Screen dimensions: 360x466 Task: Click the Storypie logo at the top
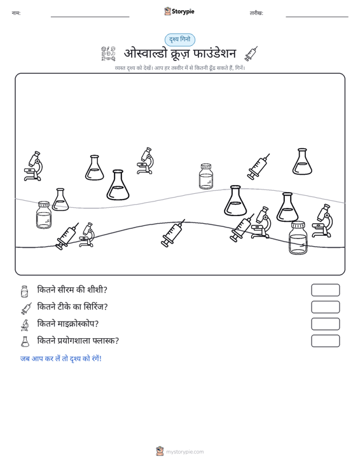[x=179, y=11]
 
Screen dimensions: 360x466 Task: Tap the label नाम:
[x=16, y=13]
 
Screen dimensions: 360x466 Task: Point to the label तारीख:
[x=256, y=13]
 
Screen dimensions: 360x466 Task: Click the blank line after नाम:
[x=90, y=17]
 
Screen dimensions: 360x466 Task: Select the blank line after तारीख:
[x=317, y=17]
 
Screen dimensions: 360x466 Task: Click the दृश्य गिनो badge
[x=180, y=39]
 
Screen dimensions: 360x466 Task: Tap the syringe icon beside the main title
[x=251, y=54]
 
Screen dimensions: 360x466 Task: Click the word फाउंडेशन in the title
[x=214, y=53]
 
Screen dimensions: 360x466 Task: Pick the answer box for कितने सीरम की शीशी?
[x=325, y=290]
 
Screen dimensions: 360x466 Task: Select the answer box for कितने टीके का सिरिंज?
[x=325, y=307]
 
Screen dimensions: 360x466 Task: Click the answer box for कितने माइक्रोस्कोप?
[x=325, y=324]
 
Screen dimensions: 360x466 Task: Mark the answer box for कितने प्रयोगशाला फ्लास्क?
[x=325, y=341]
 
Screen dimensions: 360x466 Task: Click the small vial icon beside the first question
[x=24, y=291]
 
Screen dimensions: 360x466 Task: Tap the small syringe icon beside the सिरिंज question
[x=26, y=308]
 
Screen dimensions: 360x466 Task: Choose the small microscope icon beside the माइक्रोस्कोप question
[x=25, y=325]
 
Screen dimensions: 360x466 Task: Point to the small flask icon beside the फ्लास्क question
[x=25, y=342]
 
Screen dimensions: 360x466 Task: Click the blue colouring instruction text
[x=61, y=359]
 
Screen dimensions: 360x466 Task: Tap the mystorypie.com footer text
[x=185, y=452]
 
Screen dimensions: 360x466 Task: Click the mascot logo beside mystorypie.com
[x=160, y=451]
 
